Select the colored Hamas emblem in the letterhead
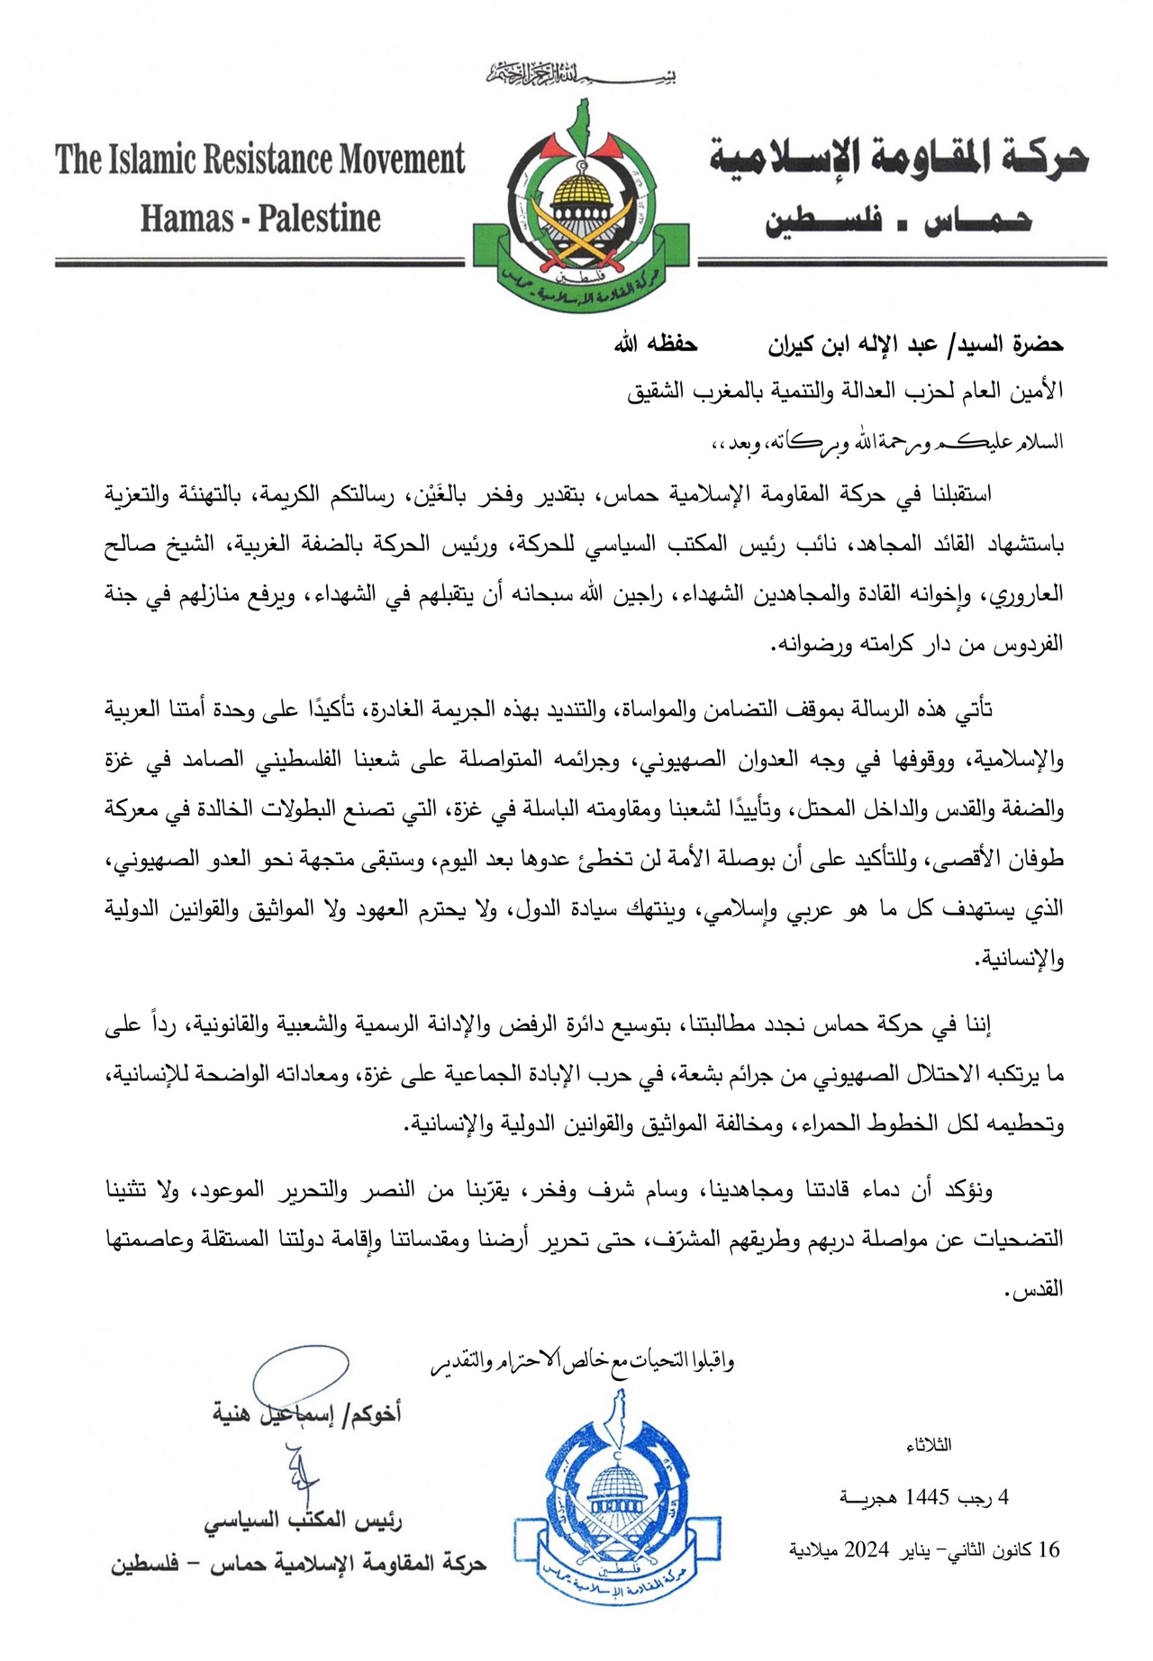pos(581,212)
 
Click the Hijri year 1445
pos(928,1497)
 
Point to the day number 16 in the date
pos(1049,1549)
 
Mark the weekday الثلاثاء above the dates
pos(930,1446)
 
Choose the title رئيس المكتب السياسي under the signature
pos(303,1521)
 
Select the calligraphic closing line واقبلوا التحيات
pos(582,1362)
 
